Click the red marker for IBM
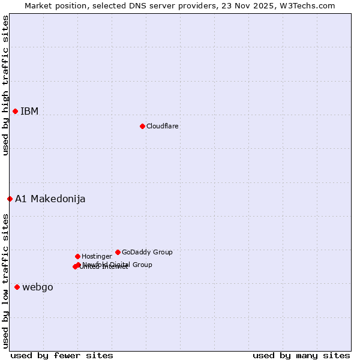click(15, 111)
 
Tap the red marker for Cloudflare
click(142, 126)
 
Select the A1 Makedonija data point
click(10, 199)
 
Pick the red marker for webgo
click(17, 287)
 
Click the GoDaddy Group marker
click(118, 252)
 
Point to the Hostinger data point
click(77, 256)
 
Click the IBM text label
click(29, 111)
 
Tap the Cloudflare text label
click(162, 126)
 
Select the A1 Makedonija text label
click(50, 199)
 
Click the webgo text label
click(37, 287)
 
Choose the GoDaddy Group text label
click(146, 252)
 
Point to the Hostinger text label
click(97, 256)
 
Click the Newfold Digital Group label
click(117, 264)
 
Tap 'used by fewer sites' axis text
click(62, 355)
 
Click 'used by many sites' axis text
click(301, 355)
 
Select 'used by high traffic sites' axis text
click(5, 85)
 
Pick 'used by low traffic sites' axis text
click(5, 280)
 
